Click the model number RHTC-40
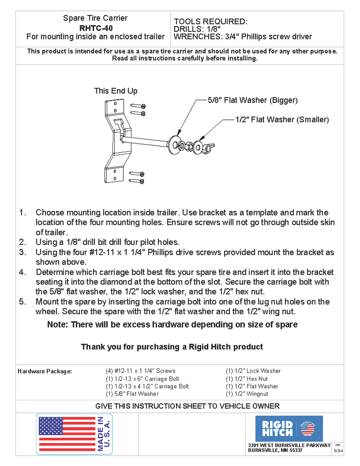coord(95,27)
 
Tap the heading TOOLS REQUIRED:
coord(210,22)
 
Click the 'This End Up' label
coord(116,91)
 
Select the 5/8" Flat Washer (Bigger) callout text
coord(252,100)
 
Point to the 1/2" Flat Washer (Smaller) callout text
coord(282,120)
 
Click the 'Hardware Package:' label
coord(45,371)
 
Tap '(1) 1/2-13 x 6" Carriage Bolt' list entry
coord(142,379)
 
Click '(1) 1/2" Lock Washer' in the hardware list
coord(253,371)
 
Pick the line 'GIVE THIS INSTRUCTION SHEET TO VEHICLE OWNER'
coord(187,406)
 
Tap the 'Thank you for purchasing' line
coord(171,347)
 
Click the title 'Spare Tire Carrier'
coord(95,18)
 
